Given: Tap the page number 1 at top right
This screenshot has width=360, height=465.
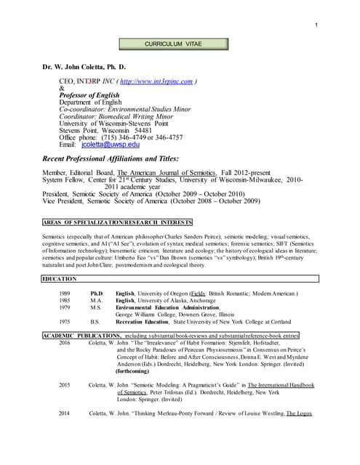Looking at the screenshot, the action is point(317,27).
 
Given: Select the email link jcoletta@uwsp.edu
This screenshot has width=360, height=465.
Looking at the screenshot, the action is point(109,145).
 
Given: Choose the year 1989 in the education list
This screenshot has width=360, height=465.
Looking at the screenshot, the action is point(65,294).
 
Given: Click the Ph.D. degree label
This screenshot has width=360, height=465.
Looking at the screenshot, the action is point(97,294).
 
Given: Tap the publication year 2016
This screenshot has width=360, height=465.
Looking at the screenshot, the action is point(65,342).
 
